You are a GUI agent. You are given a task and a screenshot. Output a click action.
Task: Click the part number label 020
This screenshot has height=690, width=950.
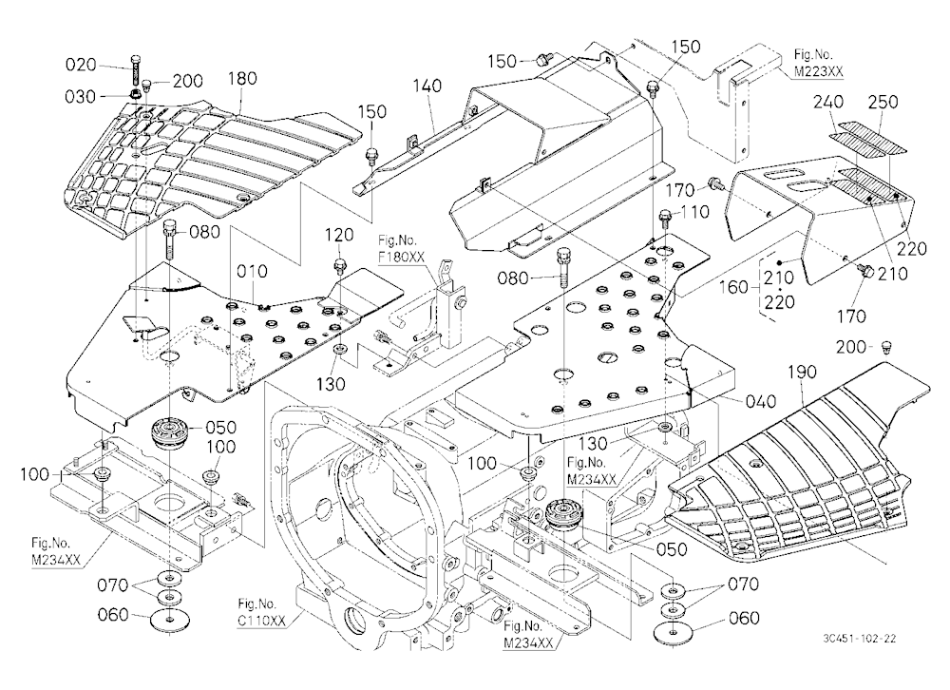point(81,65)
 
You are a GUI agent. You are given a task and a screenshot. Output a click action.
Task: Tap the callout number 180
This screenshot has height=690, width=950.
point(242,78)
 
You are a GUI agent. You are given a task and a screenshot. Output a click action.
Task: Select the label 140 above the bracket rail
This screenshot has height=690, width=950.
point(427,86)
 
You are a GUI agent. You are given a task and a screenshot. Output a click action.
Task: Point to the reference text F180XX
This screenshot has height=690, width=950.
point(401,256)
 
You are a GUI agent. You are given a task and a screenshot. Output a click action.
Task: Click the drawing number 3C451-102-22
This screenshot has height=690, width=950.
point(859,639)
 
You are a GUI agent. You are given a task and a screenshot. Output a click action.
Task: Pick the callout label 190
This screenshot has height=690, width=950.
point(802,372)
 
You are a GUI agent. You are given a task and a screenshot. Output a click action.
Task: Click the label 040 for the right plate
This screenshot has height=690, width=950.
point(760,401)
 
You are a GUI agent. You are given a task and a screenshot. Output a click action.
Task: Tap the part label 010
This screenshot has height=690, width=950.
point(252,271)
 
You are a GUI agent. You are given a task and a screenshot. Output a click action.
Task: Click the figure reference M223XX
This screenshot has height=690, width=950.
point(819,71)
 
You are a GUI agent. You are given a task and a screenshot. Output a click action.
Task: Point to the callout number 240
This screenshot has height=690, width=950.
point(828,102)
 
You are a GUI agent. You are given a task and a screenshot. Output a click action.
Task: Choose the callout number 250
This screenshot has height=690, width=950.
point(883,102)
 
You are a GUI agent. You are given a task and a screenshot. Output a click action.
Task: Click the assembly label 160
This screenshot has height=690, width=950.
point(734,286)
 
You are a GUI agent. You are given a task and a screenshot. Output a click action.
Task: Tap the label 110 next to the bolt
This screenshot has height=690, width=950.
point(694,212)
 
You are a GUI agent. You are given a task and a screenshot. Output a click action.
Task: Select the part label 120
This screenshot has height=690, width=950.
point(339,235)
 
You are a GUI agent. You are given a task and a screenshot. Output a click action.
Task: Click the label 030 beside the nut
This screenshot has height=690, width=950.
point(81,96)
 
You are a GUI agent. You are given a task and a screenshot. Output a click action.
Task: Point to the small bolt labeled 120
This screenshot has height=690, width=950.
point(340,265)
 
